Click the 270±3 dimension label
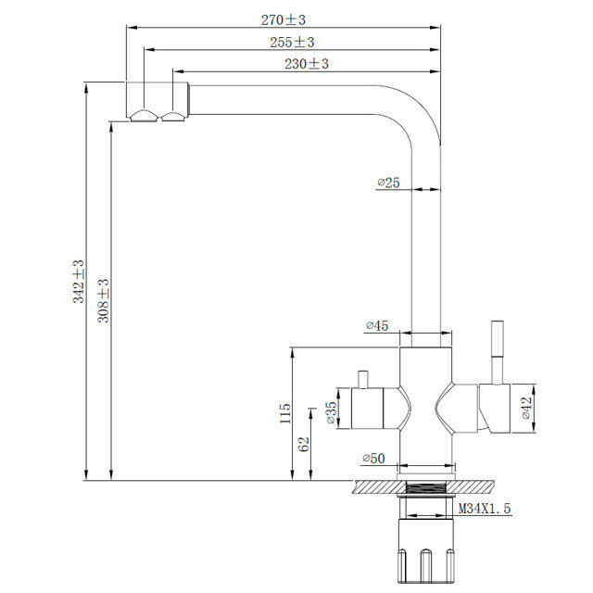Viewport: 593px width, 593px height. click(284, 19)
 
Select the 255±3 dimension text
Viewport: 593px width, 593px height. click(292, 42)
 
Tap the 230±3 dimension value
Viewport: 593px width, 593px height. click(307, 64)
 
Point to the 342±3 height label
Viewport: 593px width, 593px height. click(79, 282)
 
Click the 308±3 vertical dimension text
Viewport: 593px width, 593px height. click(104, 300)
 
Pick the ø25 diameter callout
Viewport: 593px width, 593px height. click(388, 183)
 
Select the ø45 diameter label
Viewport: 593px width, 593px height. click(377, 325)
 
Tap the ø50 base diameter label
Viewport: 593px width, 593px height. click(373, 459)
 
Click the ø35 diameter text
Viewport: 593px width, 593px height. click(331, 412)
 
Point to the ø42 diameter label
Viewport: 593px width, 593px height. click(526, 408)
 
